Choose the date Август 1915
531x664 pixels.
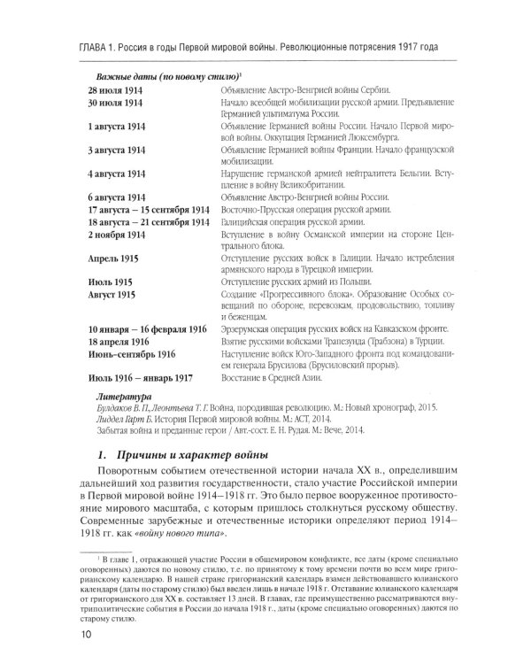[x=112, y=291]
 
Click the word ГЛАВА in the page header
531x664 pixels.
[x=99, y=45]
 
